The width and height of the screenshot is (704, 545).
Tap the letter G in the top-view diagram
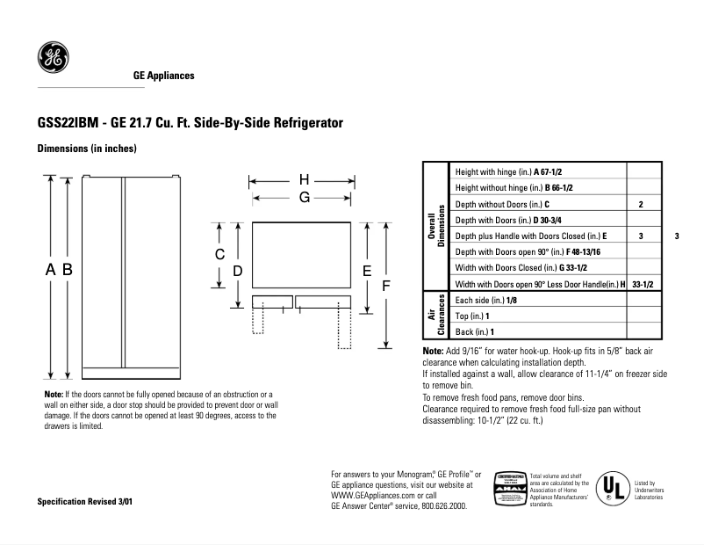tap(304, 198)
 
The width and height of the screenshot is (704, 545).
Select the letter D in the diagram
tap(238, 272)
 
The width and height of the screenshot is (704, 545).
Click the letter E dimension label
tap(367, 271)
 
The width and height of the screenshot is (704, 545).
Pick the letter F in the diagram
tap(385, 287)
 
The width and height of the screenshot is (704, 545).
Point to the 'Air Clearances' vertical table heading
tap(435, 316)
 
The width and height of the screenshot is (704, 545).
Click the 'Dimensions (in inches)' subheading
tap(86, 149)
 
